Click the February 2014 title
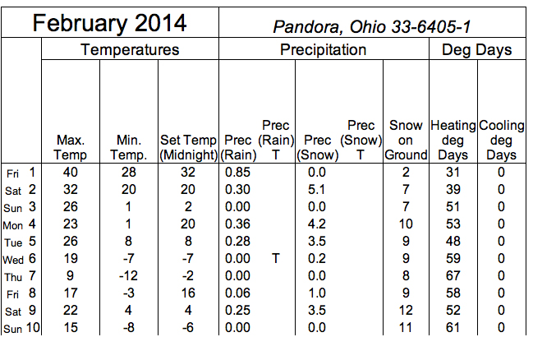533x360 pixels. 109,23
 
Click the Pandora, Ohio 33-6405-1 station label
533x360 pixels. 372,26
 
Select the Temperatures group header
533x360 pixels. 130,49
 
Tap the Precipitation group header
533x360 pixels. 324,49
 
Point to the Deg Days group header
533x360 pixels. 477,50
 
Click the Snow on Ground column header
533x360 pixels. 406,141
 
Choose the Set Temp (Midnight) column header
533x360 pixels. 188,147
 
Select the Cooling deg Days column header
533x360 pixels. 502,141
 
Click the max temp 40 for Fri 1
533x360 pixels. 71,172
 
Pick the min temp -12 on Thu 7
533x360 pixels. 128,276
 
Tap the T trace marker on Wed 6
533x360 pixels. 276,259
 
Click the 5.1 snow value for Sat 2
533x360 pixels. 316,190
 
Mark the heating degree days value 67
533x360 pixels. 453,276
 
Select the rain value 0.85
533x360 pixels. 237,172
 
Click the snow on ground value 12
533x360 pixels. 406,311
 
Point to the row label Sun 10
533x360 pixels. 21,328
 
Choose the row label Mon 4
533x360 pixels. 19,224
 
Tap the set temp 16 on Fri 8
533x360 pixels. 188,293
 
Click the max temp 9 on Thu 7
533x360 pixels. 70,276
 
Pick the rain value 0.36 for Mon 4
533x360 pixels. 237,224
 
